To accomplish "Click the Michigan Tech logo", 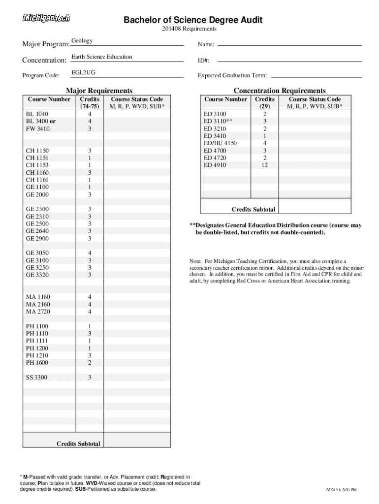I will point(47,18).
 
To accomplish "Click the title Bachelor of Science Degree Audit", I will point(192,20).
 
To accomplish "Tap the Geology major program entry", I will point(82,41).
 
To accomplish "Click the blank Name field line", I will point(289,45).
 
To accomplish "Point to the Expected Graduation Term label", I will point(232,76).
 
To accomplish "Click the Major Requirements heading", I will point(99,91).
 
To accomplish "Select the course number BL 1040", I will point(37,114).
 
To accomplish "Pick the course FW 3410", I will point(38,129).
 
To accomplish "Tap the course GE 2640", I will point(37,231).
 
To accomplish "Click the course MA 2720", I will point(38,312).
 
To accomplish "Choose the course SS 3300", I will point(37,378).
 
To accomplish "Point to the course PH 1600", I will point(37,363).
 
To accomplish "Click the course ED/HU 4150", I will point(220,143).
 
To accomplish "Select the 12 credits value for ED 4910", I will point(265,165).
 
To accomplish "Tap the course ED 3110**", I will point(219,121).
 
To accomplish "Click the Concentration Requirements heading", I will point(279,91).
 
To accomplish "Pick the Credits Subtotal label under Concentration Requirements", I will point(253,209).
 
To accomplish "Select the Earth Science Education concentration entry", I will point(102,57).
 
